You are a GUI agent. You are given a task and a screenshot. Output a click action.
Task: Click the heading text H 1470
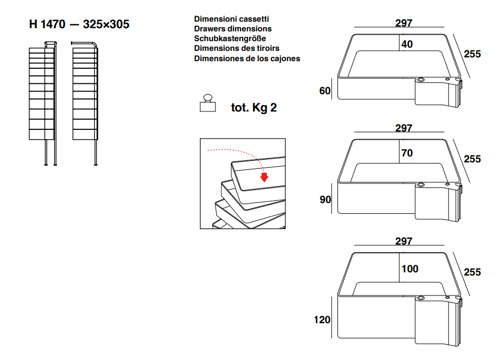click(47, 24)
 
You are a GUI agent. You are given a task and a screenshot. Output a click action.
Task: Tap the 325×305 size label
click(106, 24)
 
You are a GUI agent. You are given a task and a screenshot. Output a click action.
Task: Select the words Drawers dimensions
click(232, 29)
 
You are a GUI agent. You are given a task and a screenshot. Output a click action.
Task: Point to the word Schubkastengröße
click(230, 38)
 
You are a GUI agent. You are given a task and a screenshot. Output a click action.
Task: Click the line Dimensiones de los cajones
click(247, 58)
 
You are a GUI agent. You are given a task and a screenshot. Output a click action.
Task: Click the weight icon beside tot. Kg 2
click(207, 103)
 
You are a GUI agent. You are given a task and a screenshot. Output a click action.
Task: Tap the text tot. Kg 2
click(253, 108)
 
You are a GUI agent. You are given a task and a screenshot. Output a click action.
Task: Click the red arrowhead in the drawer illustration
click(264, 177)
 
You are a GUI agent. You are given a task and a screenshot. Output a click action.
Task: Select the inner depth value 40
click(407, 44)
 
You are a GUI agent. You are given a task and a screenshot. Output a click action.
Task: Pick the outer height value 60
click(324, 91)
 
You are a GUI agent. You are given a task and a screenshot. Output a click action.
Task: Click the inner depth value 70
click(407, 153)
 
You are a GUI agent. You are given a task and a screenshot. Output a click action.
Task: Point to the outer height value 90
click(325, 200)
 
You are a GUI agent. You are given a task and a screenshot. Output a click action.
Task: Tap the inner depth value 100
click(409, 269)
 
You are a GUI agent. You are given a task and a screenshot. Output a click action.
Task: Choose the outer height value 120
click(322, 320)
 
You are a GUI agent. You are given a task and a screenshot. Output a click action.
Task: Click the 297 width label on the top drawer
click(404, 23)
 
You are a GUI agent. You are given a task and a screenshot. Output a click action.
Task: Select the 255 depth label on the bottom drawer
click(472, 272)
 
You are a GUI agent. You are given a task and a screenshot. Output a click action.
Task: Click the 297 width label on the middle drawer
click(404, 128)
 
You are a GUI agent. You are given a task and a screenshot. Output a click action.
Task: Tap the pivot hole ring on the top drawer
click(421, 80)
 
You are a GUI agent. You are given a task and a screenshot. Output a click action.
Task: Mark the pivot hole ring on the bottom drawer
click(421, 298)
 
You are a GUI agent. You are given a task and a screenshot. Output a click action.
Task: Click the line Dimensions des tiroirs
click(237, 48)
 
